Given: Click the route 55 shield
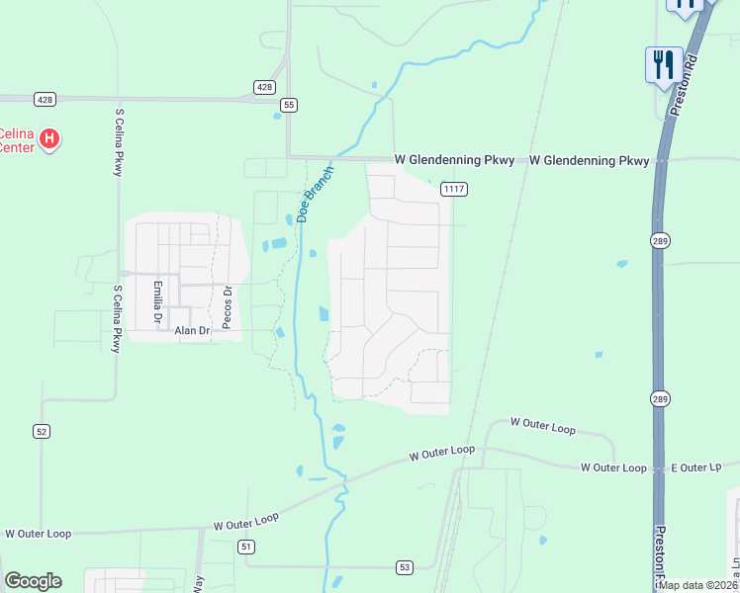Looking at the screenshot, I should tap(289, 104).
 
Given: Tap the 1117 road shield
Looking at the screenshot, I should tap(454, 189).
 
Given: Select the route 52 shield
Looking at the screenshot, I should tap(41, 431).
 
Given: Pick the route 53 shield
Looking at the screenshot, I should tap(404, 566).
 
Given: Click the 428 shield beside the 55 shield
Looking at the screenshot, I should tap(264, 87).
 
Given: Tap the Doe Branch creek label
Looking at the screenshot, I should tap(316, 193).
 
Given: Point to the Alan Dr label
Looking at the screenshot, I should tap(192, 331).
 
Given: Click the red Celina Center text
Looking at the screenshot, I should tap(16, 140).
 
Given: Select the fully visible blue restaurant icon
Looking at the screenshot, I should tap(661, 64).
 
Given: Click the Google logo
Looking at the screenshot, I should tap(33, 581).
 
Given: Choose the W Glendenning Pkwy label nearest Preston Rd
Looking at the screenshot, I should tap(589, 160).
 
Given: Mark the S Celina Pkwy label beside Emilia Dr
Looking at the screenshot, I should tap(117, 318).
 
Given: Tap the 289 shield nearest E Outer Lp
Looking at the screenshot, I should tap(661, 398).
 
